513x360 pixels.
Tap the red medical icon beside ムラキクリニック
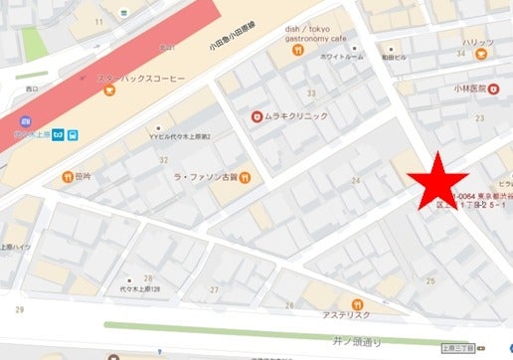click(256, 115)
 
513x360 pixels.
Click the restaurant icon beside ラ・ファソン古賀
click(245, 179)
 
